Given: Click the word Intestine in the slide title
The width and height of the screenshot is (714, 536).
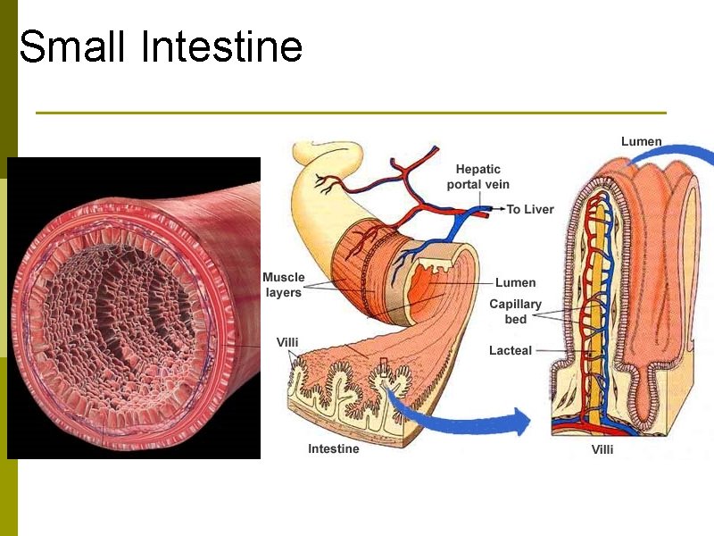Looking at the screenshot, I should (x=222, y=46).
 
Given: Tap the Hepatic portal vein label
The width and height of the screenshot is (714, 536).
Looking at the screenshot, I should (x=478, y=177).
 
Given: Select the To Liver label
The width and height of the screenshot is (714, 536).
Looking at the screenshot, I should (x=530, y=209).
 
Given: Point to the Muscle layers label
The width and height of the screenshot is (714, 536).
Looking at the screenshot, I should (x=283, y=285).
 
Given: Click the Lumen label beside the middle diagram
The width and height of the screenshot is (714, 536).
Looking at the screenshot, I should (x=515, y=283).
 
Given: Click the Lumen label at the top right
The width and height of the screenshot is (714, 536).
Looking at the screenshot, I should (x=641, y=141).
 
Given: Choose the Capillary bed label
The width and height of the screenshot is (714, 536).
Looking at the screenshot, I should (x=515, y=311).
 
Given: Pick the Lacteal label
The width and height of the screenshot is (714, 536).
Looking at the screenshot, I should (x=510, y=350).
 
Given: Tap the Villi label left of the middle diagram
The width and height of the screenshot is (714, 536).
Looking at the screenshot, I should (x=287, y=342).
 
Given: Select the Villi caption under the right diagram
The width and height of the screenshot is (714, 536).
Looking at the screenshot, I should (x=602, y=449).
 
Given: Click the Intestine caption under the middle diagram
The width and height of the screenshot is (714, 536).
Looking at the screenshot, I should (x=334, y=448).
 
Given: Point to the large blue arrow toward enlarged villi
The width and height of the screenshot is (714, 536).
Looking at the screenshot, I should (x=455, y=418).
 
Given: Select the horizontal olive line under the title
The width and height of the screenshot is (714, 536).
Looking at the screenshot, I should (x=351, y=113).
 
